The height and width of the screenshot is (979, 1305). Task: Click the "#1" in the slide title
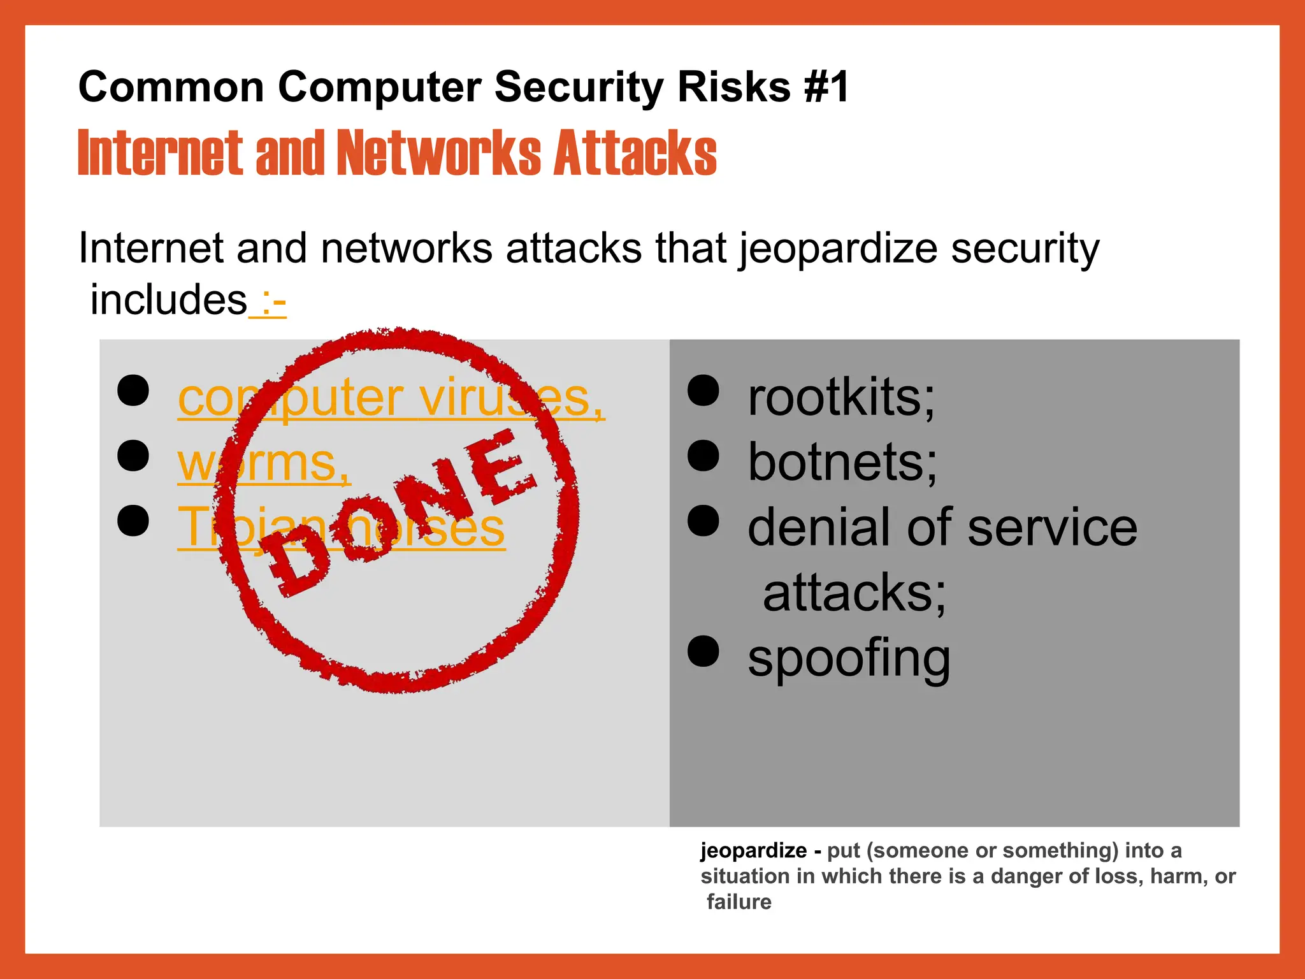click(826, 87)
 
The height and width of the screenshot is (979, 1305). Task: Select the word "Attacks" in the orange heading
click(635, 153)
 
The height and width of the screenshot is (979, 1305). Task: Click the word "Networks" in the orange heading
click(438, 153)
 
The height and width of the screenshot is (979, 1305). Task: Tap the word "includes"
click(168, 300)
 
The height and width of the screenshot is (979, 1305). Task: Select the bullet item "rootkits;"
click(841, 398)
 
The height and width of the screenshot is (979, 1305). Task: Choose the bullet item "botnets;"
click(842, 462)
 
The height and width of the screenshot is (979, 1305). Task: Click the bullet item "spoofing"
click(849, 658)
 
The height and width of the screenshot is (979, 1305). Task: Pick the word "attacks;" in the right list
click(854, 593)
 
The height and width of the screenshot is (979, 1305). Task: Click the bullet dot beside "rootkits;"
click(703, 391)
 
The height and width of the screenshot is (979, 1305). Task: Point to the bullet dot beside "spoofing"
click(703, 651)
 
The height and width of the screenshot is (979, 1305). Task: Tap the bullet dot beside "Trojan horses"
click(133, 520)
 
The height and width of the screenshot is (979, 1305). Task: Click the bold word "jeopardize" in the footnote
click(753, 851)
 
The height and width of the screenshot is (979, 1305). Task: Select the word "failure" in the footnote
click(739, 902)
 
